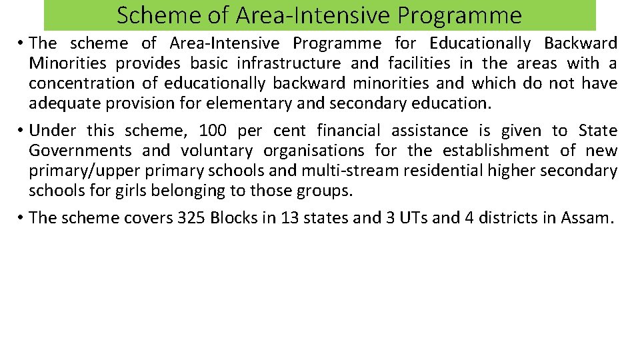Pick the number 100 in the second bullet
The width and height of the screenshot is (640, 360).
213,131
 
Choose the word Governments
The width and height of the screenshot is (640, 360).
80,151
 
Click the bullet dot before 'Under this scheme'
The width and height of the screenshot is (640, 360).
22,131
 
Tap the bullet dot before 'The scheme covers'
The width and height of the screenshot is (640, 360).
22,218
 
